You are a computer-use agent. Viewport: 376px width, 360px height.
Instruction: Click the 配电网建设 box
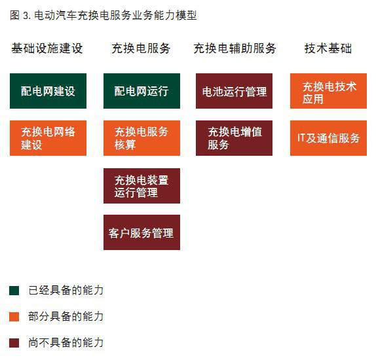(48, 91)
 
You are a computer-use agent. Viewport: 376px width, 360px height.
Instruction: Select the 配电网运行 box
(141, 91)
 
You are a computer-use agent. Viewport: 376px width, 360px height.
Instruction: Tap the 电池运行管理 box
(234, 91)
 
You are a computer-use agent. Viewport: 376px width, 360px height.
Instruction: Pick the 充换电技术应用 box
(328, 91)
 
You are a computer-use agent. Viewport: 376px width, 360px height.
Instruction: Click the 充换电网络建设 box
(48, 138)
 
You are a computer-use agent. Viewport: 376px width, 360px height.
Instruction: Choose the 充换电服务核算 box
(141, 138)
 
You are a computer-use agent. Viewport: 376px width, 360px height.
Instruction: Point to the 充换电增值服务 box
(234, 138)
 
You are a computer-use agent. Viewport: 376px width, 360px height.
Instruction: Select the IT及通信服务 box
(328, 138)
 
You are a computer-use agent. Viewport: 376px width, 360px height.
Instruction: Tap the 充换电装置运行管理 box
(141, 186)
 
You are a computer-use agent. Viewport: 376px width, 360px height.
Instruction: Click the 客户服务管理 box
(141, 232)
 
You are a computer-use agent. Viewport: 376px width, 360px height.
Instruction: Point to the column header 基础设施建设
(47, 48)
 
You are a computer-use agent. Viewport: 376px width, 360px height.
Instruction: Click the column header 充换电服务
(141, 48)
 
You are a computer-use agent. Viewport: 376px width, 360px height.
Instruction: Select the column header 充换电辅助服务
(235, 48)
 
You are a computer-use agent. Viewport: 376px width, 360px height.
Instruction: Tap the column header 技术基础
(328, 48)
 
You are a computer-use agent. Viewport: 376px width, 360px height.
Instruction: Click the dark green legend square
(14, 290)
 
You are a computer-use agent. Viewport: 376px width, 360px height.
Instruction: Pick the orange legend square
(14, 316)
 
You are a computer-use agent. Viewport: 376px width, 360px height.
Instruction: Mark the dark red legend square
(14, 342)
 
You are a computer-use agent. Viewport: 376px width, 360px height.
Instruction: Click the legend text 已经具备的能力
(66, 290)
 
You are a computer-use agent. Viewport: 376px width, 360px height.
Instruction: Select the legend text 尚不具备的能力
(66, 342)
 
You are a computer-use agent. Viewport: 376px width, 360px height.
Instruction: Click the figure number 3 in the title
(26, 16)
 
